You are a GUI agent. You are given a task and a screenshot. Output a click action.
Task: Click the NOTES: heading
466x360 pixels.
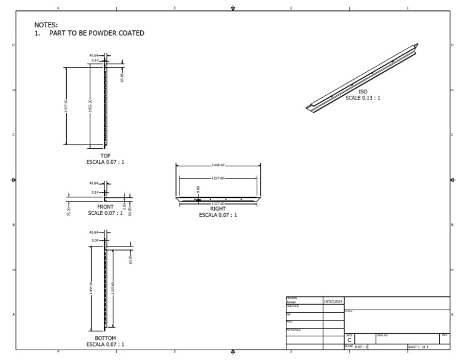[46, 25]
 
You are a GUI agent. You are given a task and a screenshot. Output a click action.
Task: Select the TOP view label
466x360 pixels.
[106, 156]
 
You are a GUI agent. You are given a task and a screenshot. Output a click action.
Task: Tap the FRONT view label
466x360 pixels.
[106, 207]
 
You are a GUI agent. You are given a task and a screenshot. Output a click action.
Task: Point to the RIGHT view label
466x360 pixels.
[218, 209]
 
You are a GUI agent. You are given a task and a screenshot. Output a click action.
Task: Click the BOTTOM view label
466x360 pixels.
[106, 338]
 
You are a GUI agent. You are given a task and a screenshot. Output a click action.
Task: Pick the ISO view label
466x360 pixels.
[363, 92]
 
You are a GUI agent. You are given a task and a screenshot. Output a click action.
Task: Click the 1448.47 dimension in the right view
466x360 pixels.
[218, 165]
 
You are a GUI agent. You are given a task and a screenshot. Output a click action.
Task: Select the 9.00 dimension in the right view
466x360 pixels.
[198, 190]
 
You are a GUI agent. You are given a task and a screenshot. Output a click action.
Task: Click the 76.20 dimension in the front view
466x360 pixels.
[69, 210]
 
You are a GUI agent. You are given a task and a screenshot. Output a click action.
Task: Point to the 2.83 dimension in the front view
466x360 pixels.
[124, 207]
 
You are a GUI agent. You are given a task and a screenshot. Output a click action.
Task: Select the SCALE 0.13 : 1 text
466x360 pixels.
[363, 98]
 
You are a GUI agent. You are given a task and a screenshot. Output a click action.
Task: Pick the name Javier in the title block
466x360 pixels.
[291, 302]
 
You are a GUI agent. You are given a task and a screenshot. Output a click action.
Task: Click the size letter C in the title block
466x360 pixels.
[349, 340]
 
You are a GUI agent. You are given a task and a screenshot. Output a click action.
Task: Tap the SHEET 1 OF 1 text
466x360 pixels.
[418, 347]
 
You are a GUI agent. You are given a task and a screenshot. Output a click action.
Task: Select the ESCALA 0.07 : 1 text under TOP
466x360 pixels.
[106, 162]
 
